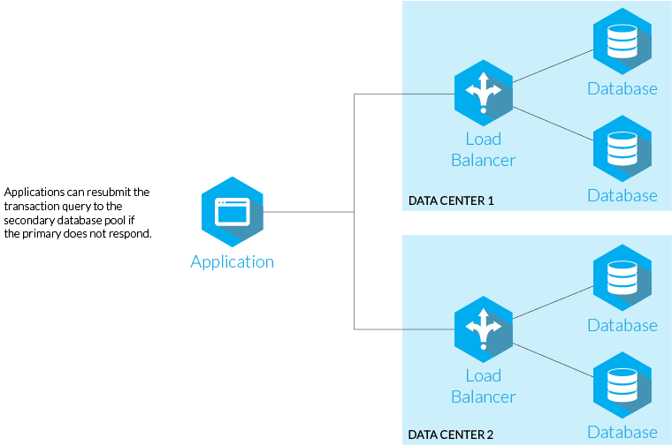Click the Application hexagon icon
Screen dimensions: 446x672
[232, 212]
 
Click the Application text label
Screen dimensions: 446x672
[232, 261]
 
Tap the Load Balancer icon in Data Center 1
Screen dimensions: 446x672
[483, 92]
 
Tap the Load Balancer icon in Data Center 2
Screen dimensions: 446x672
[483, 329]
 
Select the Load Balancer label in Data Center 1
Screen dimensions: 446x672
[483, 149]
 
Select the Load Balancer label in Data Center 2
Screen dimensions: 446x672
[483, 386]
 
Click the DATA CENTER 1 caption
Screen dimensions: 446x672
[451, 200]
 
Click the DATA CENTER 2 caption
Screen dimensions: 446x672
[451, 435]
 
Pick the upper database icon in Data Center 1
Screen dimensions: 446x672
[622, 41]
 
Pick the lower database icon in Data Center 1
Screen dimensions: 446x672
[622, 147]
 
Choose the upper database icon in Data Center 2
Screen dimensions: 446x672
[622, 278]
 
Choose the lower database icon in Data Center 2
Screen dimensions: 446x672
[622, 384]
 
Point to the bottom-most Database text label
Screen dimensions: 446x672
[622, 432]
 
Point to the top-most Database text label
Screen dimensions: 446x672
[622, 88]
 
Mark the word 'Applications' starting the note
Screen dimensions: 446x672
[33, 192]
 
